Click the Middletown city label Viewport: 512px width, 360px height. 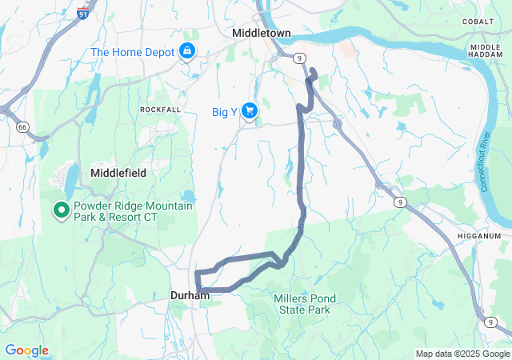[261, 33]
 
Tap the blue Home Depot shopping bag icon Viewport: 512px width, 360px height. [187, 52]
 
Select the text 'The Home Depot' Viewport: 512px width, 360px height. [133, 52]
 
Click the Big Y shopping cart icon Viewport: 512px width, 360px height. [249, 111]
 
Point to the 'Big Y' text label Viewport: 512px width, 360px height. [225, 112]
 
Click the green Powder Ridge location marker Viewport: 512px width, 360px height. [61, 210]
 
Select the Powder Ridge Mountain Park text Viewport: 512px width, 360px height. [133, 212]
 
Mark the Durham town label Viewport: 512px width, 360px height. [190, 296]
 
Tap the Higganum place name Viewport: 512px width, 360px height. [479, 236]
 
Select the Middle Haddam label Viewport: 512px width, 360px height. [486, 52]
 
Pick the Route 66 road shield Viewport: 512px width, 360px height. [22, 126]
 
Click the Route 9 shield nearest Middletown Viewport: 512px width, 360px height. [298, 58]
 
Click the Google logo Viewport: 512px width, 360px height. [26, 350]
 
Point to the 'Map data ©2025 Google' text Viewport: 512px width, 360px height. [462, 354]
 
